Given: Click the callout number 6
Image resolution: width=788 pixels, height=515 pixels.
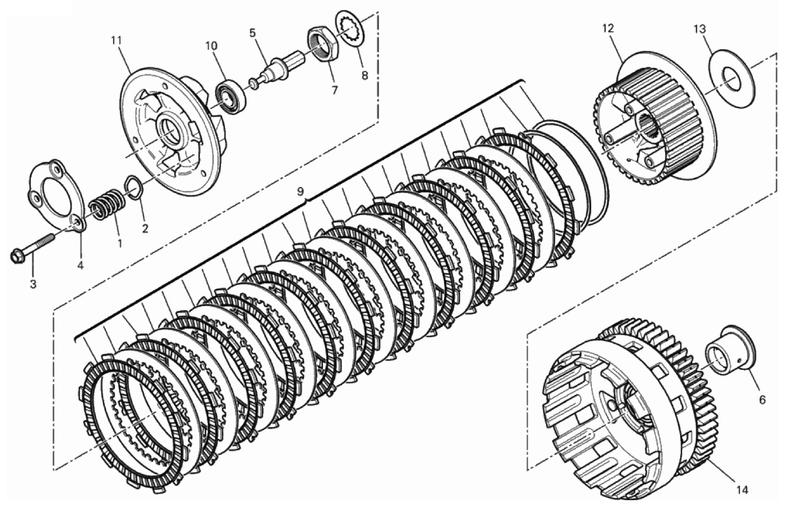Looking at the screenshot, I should tap(762, 400).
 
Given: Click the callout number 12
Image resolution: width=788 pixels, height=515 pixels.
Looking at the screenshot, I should tap(608, 28).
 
